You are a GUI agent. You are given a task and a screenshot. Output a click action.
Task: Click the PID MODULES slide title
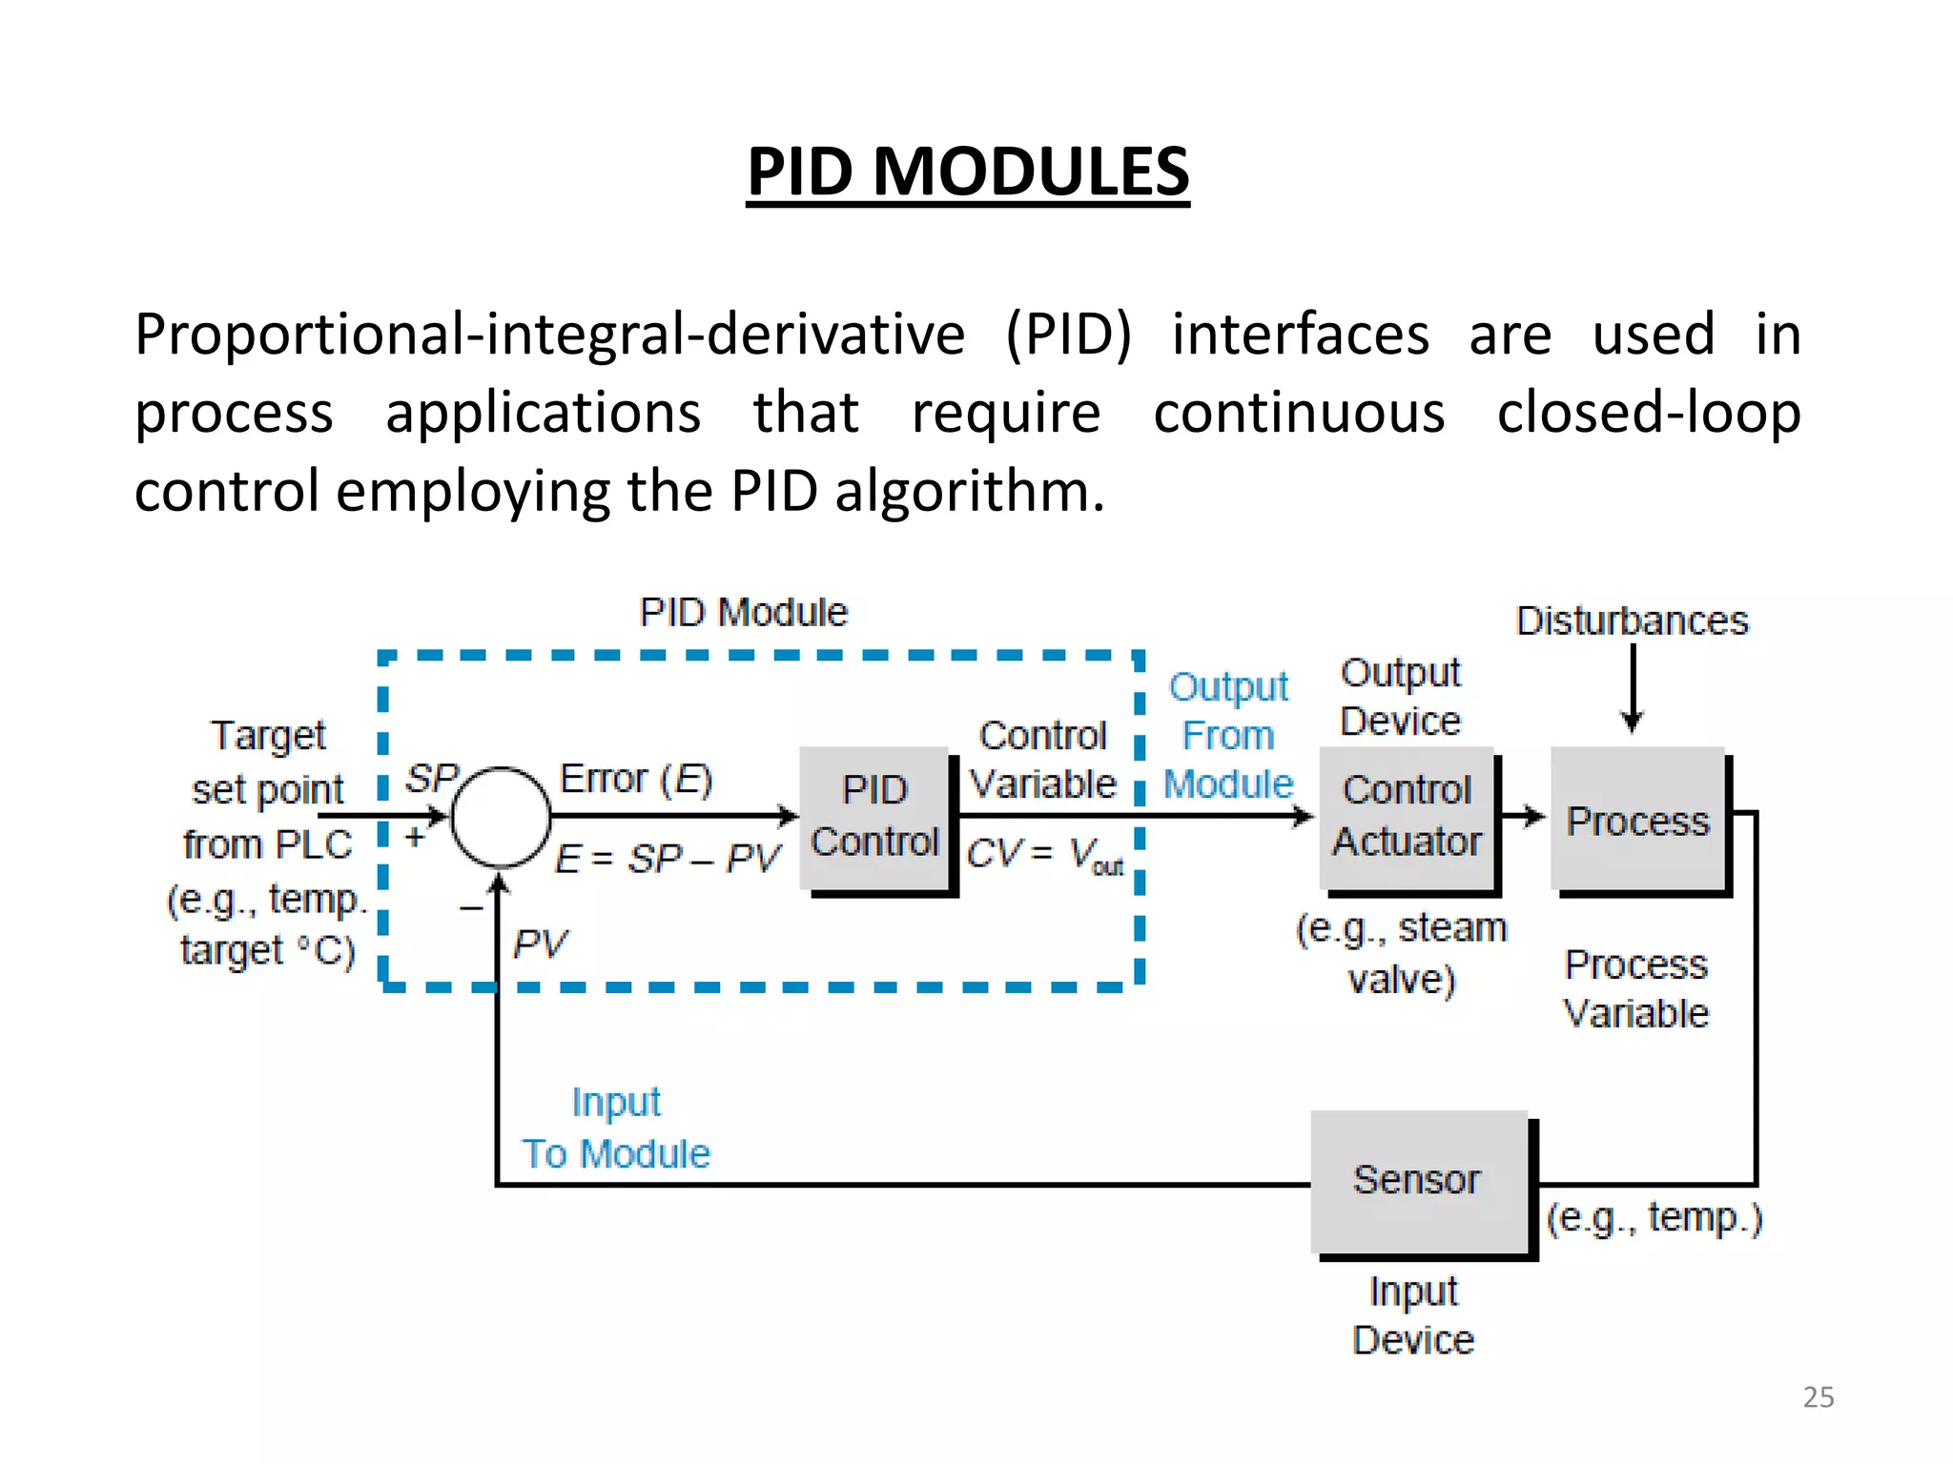(x=967, y=172)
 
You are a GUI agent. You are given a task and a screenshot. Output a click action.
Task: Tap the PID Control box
(x=874, y=818)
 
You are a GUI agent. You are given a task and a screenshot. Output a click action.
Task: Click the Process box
(x=1637, y=820)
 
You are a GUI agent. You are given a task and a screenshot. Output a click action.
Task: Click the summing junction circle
(x=500, y=817)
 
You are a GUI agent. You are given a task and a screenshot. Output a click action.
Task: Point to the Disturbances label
(x=1632, y=620)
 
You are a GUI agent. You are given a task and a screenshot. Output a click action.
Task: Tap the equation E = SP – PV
(x=668, y=859)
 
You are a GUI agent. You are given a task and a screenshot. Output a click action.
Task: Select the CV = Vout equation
(x=1044, y=854)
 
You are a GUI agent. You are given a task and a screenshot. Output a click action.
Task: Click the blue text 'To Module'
(x=616, y=1154)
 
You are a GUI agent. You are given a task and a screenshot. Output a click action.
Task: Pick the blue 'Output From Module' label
(x=1228, y=735)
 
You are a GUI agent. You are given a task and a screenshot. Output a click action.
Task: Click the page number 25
(x=1818, y=1396)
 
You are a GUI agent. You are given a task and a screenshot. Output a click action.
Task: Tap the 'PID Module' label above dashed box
(x=743, y=612)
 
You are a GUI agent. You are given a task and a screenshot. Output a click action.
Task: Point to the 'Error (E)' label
(x=636, y=779)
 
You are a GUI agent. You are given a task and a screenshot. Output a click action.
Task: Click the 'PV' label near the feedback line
(x=540, y=945)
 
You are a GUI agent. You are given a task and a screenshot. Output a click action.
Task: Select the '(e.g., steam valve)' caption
(x=1401, y=953)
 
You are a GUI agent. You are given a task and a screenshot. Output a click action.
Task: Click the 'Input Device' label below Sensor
(x=1413, y=1315)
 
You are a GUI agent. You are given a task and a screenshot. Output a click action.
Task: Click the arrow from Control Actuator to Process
(x=1523, y=817)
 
